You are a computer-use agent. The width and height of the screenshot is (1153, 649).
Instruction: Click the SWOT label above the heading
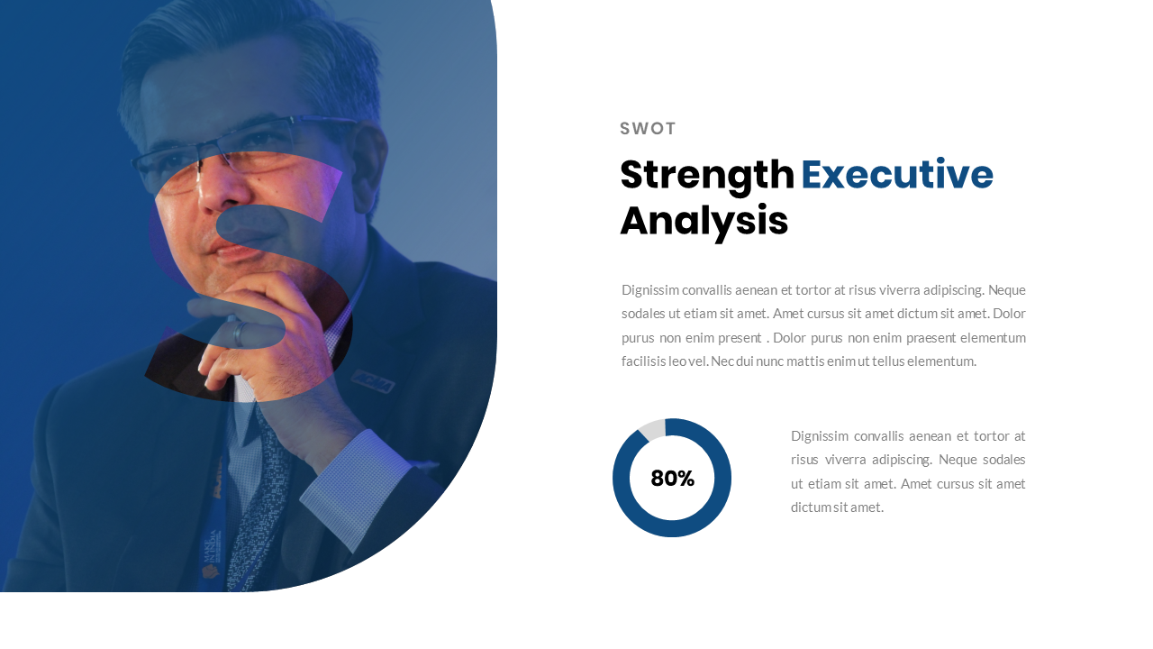(x=648, y=129)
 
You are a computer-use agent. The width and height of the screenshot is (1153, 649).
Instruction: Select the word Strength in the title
(x=707, y=175)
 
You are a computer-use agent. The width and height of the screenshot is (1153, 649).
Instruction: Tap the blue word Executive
(x=896, y=175)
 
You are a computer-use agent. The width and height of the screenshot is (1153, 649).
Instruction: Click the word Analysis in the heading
(x=704, y=222)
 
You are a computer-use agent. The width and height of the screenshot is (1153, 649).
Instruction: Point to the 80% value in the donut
(x=672, y=479)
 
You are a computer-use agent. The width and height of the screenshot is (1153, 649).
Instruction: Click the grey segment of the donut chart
(x=651, y=428)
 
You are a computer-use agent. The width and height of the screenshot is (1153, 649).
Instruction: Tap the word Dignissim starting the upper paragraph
(x=650, y=290)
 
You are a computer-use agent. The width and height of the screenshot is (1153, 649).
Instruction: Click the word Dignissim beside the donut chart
(x=820, y=436)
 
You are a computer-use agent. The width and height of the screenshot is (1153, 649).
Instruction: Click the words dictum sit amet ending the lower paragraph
(x=837, y=507)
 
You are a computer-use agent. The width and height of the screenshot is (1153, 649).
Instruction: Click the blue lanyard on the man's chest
(x=213, y=523)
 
